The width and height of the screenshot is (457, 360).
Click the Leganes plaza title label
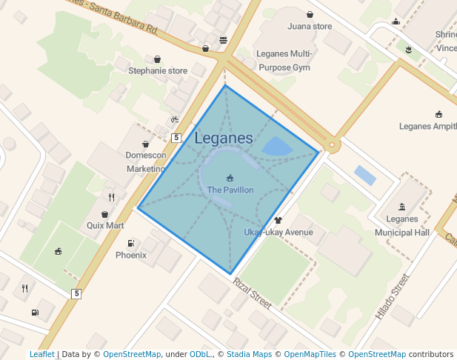(x=224, y=139)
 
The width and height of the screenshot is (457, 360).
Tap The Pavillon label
(x=230, y=190)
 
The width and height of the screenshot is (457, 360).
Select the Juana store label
(x=310, y=27)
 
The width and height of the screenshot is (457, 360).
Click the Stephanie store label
(x=158, y=71)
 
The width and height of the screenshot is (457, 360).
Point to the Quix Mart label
(x=105, y=225)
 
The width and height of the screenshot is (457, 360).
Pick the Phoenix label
(x=131, y=255)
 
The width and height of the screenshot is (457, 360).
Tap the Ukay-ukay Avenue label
(x=278, y=233)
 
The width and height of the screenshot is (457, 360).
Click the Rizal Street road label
(x=253, y=293)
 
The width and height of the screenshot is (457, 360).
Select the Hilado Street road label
(x=393, y=297)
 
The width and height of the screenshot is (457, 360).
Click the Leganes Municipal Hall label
(x=402, y=226)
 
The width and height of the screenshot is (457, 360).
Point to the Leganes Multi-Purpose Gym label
(x=284, y=60)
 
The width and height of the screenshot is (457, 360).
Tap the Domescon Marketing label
(x=145, y=162)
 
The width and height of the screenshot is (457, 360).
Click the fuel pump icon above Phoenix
(x=131, y=243)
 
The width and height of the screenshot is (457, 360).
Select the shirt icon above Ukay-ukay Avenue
(x=278, y=220)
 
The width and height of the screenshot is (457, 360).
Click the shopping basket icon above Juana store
(x=310, y=14)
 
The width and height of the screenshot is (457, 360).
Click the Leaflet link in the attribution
(x=41, y=354)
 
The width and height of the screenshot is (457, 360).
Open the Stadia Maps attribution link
(x=248, y=354)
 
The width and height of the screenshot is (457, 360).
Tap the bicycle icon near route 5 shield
(x=175, y=119)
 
